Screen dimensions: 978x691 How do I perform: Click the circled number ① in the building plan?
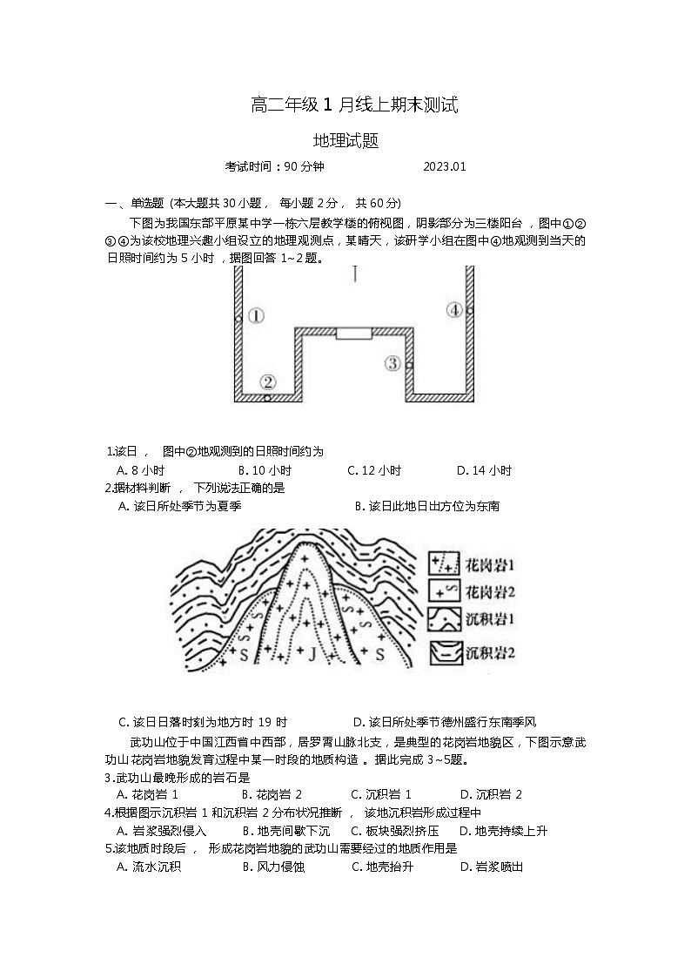255,316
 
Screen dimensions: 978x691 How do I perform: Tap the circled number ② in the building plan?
268,381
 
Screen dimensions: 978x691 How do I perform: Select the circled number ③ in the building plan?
393,363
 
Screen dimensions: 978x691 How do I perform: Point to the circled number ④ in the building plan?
454,309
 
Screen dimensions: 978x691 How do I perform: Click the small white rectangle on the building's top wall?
354,333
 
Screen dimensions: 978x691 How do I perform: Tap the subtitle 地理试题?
345,141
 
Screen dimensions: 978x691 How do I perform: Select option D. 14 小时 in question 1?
484,471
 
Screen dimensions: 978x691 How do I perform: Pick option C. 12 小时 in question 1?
374,471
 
